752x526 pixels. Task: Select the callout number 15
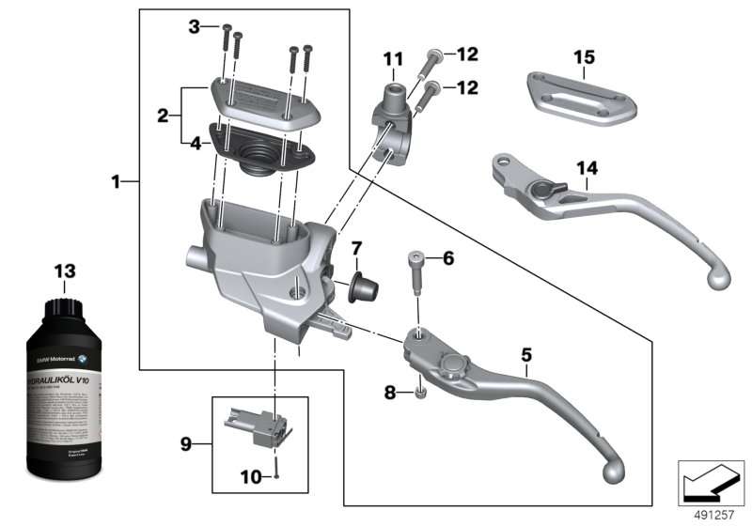[x=584, y=57]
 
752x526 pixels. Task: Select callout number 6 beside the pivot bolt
[x=447, y=257]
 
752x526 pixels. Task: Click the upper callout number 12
[x=468, y=54]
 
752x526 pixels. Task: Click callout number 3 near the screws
[x=195, y=26]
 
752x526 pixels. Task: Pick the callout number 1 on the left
[x=116, y=181]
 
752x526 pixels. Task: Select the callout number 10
[x=251, y=477]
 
